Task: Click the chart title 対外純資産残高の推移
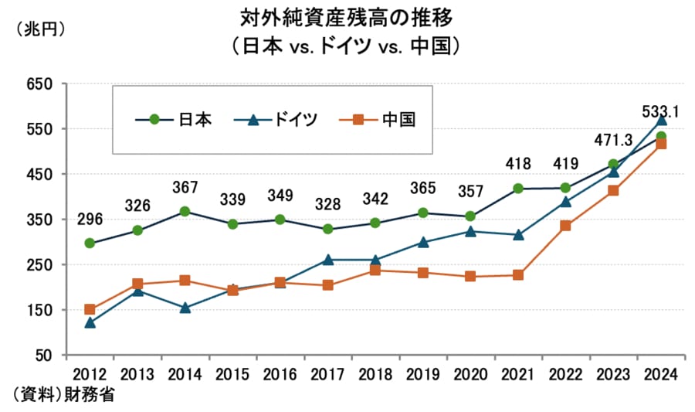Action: coord(347,16)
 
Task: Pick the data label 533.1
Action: coord(660,113)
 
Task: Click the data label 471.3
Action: coord(612,140)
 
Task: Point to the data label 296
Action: coord(90,219)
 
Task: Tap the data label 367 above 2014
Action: coord(185,187)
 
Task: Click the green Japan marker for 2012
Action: coord(90,243)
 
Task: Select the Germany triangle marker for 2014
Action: coord(185,308)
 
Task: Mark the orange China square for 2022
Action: coord(566,226)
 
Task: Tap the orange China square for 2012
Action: coord(90,310)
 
